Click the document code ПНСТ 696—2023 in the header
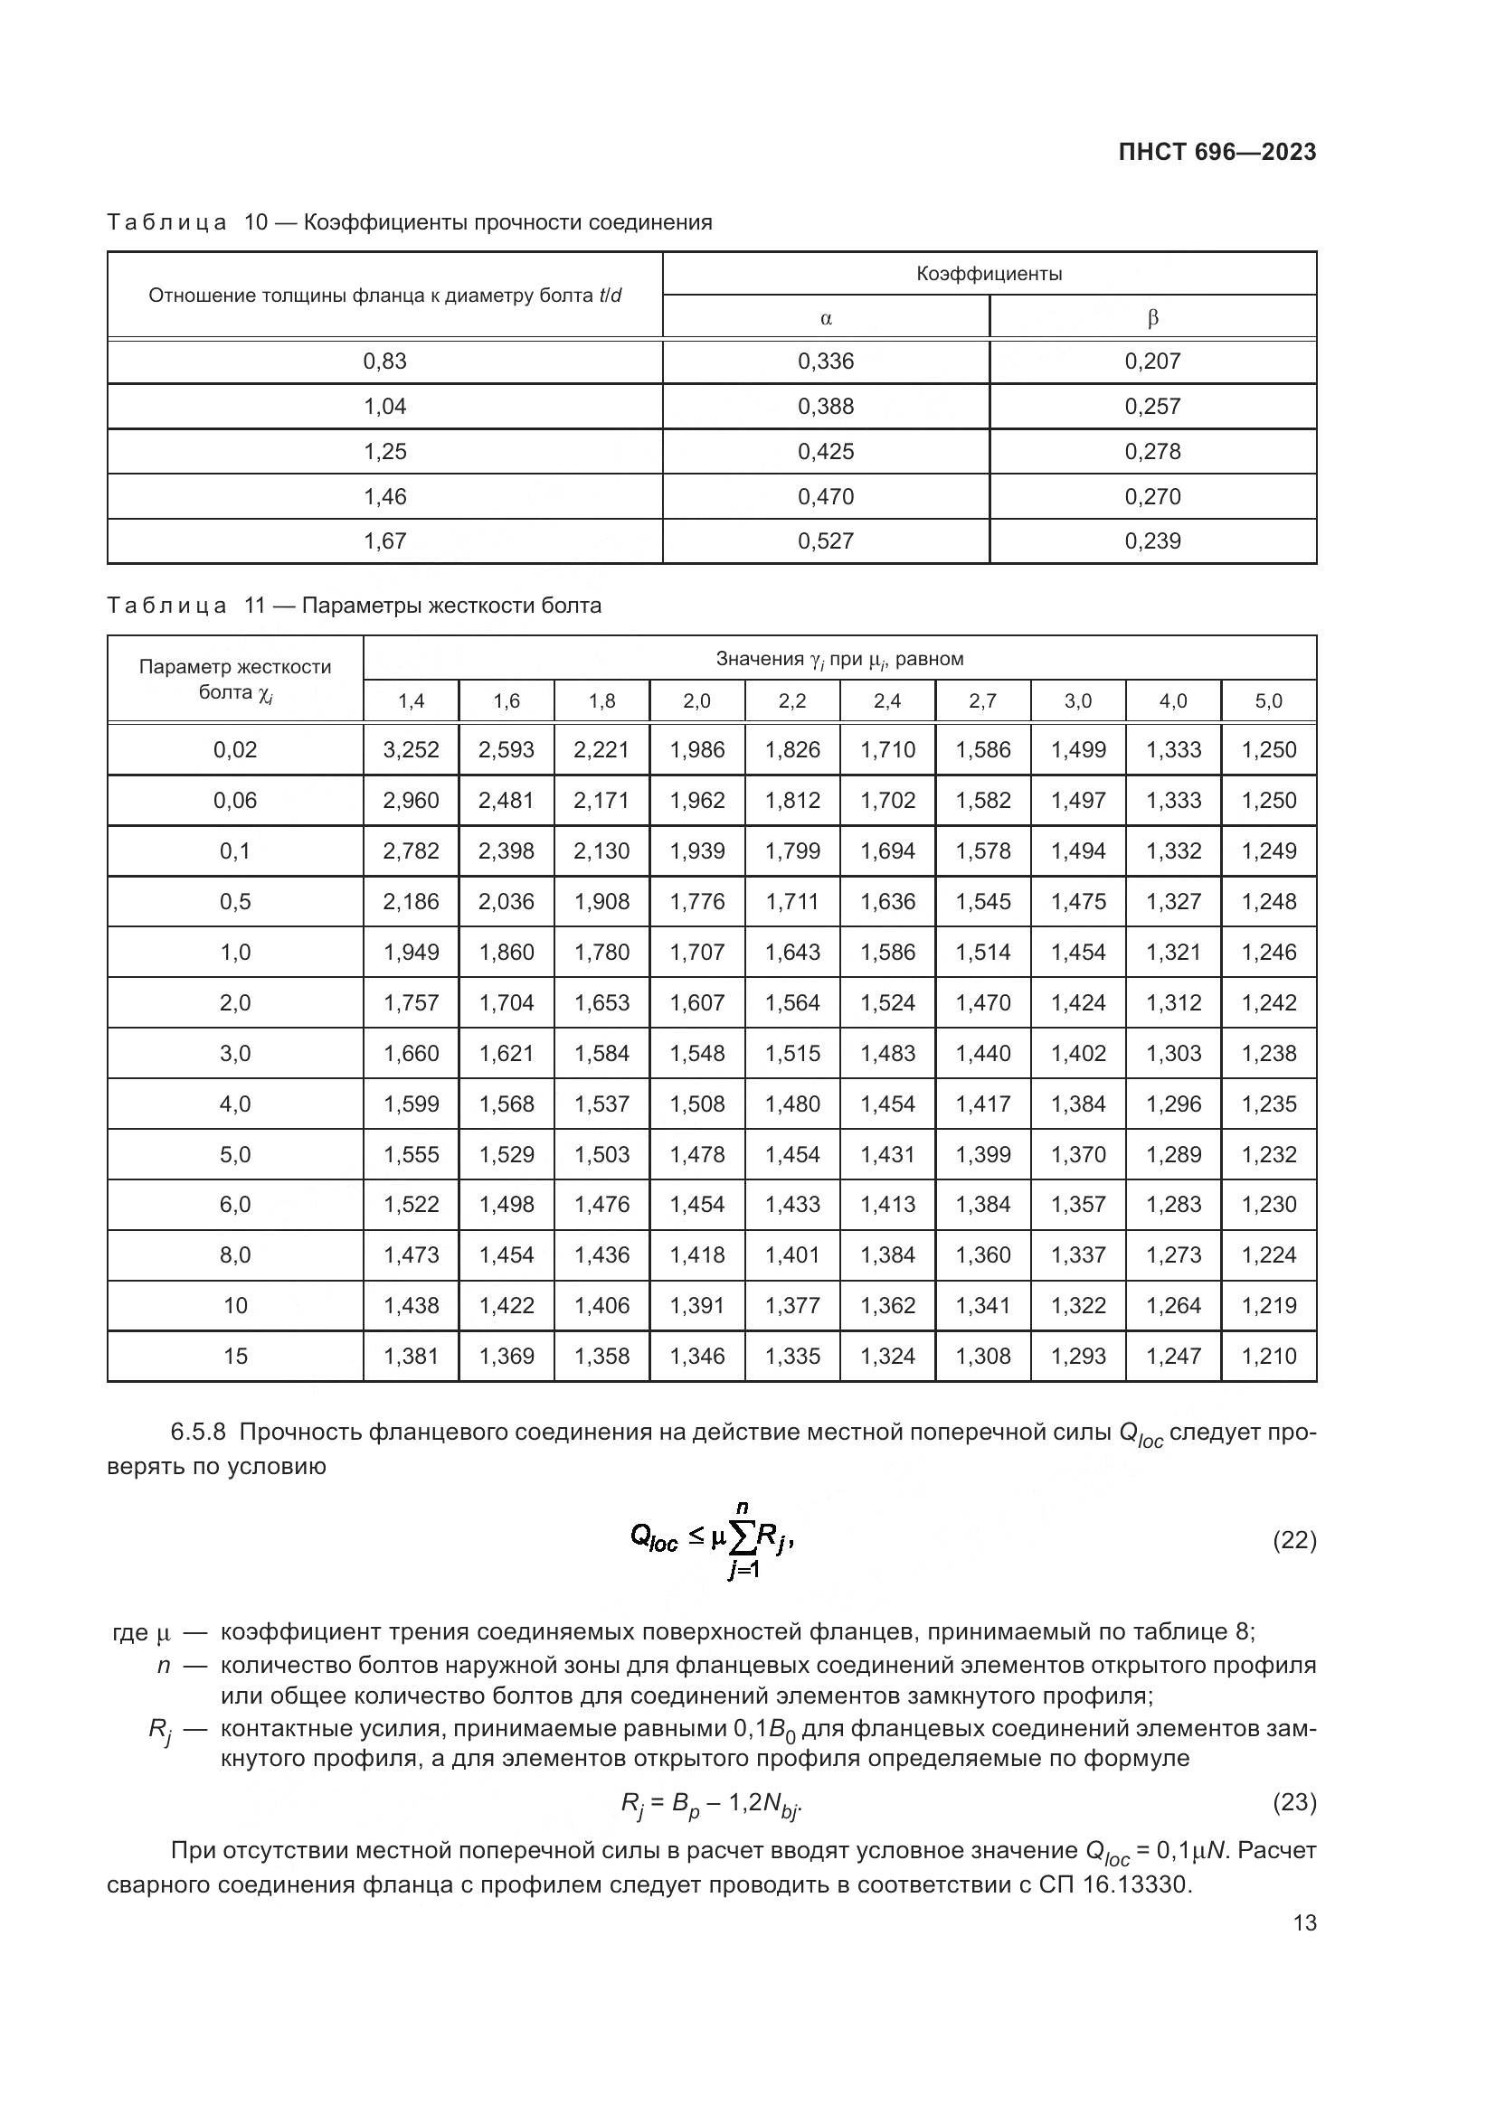click(x=1217, y=153)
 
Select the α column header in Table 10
click(x=826, y=318)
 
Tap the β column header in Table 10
click(x=1152, y=318)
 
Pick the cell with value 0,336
click(x=826, y=362)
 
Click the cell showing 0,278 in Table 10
click(x=1152, y=452)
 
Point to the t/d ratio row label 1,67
click(x=385, y=541)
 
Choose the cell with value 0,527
click(x=826, y=541)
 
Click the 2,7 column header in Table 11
click(x=982, y=701)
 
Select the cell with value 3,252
click(x=411, y=750)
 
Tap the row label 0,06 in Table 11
click(x=235, y=801)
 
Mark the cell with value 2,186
click(x=411, y=902)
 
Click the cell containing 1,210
click(x=1268, y=1357)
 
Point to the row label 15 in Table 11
click(x=235, y=1357)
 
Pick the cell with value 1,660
click(x=411, y=1053)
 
